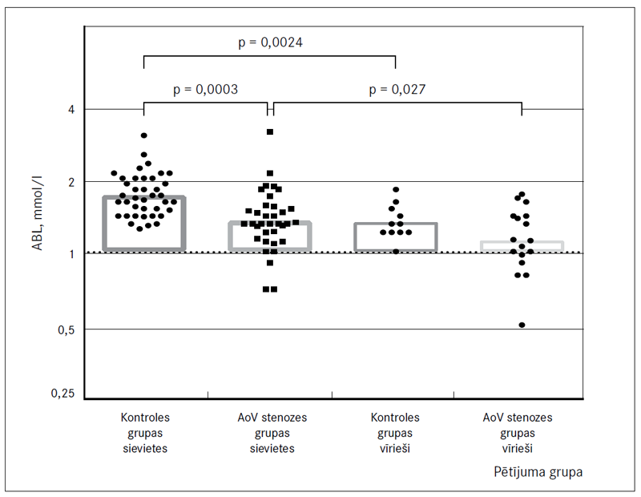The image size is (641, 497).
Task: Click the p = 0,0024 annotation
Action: click(269, 40)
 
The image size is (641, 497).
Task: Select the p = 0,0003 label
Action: click(205, 89)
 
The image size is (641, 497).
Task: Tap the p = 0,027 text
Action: click(397, 89)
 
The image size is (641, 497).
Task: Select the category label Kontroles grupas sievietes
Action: click(145, 433)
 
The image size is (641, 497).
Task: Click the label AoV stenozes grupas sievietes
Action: click(272, 433)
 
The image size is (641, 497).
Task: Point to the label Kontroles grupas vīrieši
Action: click(395, 433)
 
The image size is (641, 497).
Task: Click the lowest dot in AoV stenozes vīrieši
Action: click(522, 325)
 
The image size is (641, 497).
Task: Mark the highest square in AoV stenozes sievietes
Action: click(270, 131)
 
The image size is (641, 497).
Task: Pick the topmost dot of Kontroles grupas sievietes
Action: click(144, 135)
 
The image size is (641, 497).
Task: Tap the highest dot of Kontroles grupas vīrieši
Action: click(396, 190)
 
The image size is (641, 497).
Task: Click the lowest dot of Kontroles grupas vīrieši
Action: click(396, 251)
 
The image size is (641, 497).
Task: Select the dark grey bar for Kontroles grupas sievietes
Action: click(144, 223)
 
